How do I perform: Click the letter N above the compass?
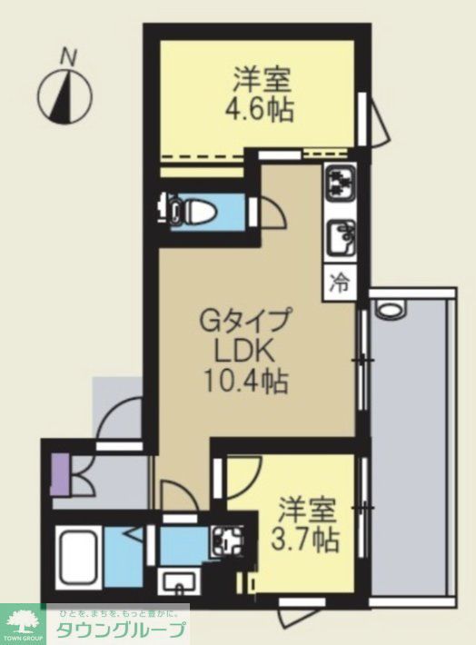tap(67, 56)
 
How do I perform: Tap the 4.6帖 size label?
tap(259, 109)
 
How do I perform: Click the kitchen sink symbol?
tap(341, 238)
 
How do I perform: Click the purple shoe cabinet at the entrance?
tap(60, 475)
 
